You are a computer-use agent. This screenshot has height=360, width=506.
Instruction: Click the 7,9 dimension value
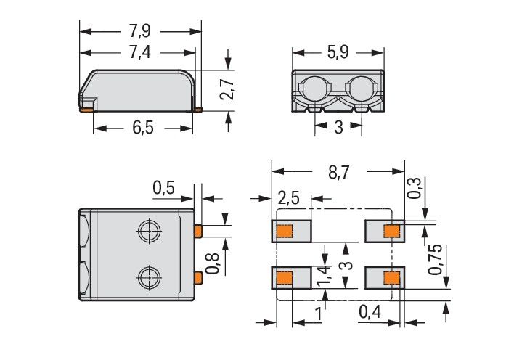(139, 32)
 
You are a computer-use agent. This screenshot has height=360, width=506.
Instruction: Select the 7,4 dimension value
(138, 52)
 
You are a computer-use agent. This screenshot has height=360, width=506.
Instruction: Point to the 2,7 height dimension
(228, 90)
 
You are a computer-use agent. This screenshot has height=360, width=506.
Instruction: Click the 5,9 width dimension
(338, 52)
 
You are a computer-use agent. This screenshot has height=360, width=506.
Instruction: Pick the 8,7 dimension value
(338, 173)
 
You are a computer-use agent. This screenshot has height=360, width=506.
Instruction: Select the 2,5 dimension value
(290, 198)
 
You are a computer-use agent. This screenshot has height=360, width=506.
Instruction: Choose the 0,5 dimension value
(163, 189)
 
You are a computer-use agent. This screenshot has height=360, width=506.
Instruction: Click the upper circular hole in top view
(148, 232)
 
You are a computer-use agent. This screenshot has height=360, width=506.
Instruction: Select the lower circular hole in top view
(148, 276)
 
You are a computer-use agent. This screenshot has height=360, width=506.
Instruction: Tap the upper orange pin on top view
(197, 231)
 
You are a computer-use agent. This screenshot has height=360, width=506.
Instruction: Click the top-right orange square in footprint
(391, 232)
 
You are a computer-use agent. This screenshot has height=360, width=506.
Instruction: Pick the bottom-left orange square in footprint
(284, 277)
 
